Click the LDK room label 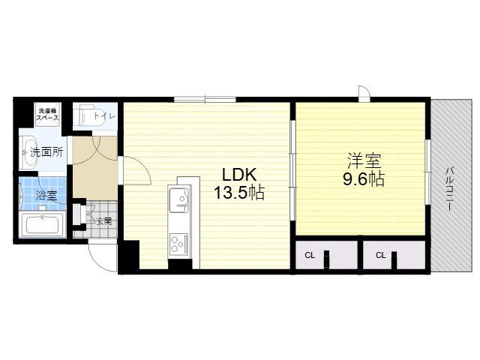tap(239, 175)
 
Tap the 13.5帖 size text tap(238, 193)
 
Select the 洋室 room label tap(364, 161)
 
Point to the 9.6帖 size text tap(364, 179)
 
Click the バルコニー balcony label tap(449, 188)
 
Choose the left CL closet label tap(310, 255)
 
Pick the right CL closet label tap(380, 255)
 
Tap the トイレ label tap(104, 116)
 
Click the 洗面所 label tap(46, 152)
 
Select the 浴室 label tap(46, 195)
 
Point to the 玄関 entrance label tap(104, 221)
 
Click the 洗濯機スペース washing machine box tap(48, 114)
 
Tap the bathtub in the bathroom tap(42, 225)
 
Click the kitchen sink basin tap(179, 199)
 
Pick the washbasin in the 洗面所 tap(29, 152)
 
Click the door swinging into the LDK tap(136, 171)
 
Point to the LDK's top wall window tap(205, 99)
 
